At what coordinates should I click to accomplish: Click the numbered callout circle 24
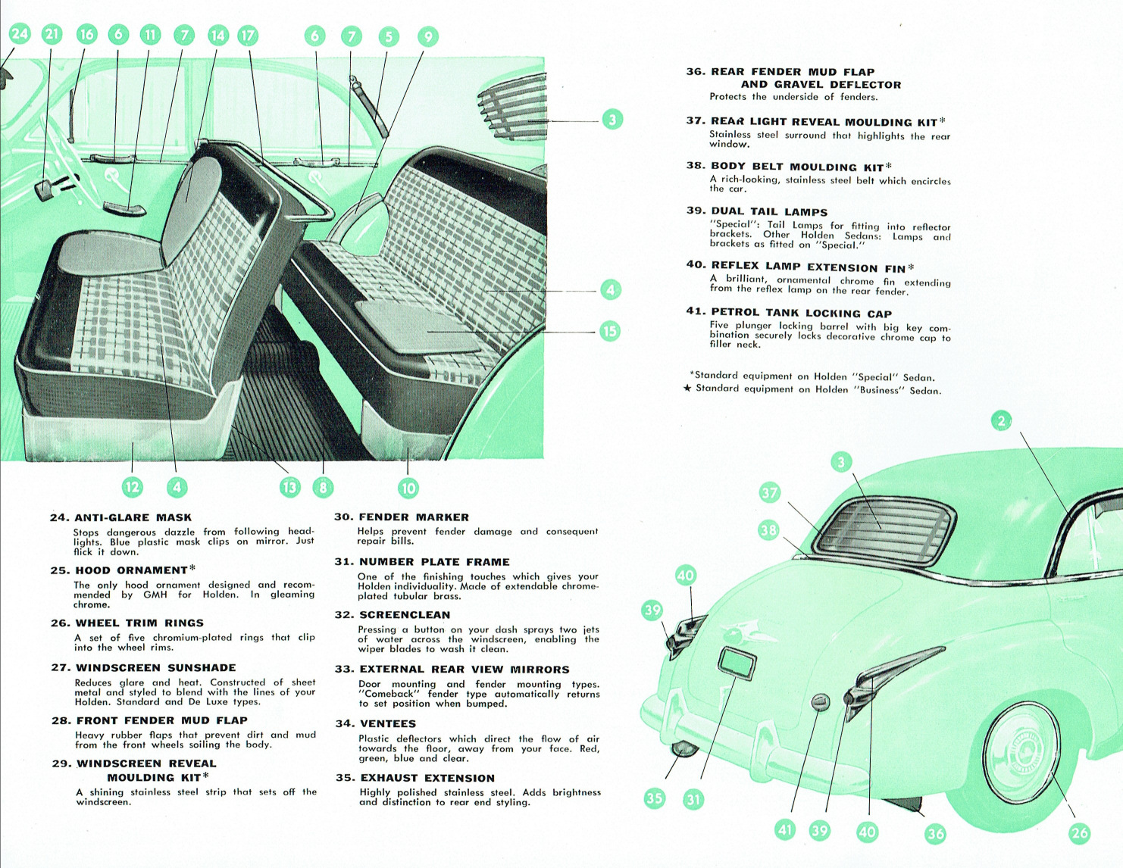click(x=20, y=33)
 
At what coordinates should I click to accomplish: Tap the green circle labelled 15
click(x=609, y=331)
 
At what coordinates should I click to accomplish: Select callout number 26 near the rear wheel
click(x=1079, y=833)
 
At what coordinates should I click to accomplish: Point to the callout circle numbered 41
click(x=786, y=830)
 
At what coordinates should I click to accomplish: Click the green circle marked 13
click(x=289, y=487)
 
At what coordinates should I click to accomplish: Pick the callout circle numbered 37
click(x=770, y=493)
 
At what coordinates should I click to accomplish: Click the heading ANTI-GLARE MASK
click(x=133, y=517)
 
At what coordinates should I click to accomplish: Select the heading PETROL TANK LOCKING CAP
click(x=801, y=313)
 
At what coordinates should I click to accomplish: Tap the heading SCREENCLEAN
click(x=405, y=615)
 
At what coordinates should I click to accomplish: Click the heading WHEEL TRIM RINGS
click(x=139, y=623)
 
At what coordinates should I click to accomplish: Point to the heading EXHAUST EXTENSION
click(x=427, y=778)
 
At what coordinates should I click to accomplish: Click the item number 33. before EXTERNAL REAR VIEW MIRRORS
click(x=345, y=670)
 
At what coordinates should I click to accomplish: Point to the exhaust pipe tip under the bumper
click(x=684, y=749)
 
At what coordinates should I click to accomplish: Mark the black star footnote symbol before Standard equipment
click(x=687, y=389)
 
